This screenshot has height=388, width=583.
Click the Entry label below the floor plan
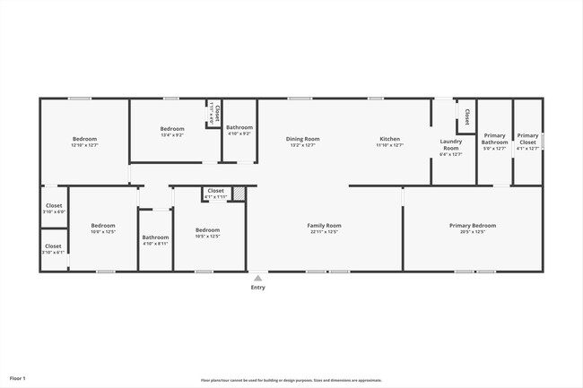(257, 288)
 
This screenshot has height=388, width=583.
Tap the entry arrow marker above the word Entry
(257, 279)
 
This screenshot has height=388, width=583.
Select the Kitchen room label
(390, 139)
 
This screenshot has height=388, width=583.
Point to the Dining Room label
(303, 139)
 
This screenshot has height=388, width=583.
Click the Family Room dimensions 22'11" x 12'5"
(323, 232)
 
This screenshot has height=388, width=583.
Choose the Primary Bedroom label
(472, 226)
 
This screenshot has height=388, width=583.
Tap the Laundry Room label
(450, 144)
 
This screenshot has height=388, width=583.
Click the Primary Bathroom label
(494, 139)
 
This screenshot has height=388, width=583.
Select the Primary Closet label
(527, 139)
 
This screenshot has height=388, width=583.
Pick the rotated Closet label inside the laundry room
(466, 116)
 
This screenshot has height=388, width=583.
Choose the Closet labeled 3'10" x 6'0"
(54, 208)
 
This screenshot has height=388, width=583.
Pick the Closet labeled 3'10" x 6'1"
(54, 248)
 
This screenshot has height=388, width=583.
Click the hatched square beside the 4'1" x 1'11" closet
(239, 193)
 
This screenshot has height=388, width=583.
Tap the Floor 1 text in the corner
(18, 378)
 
